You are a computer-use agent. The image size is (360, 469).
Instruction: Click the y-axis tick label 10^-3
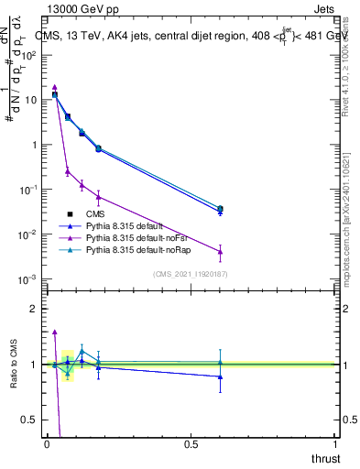[x=28, y=279]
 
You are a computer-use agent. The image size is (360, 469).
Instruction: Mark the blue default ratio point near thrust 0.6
[x=220, y=376]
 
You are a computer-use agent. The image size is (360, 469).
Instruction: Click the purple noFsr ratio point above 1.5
[x=55, y=333]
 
